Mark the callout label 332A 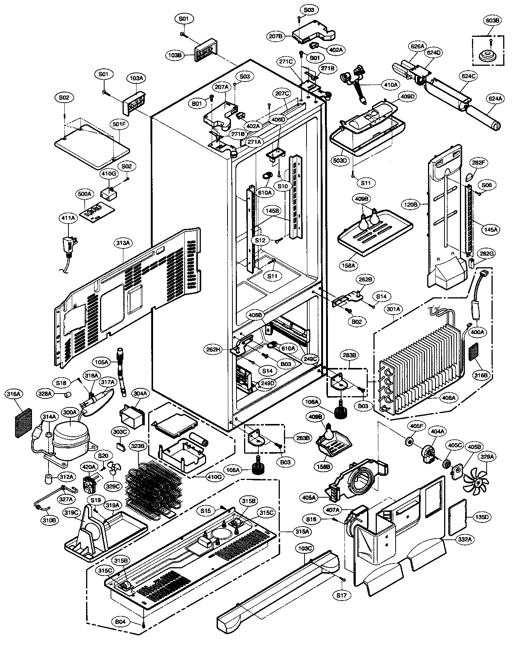(x=464, y=539)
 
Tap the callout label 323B (x=138, y=446)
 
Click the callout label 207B (x=276, y=36)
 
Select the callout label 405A (x=309, y=498)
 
